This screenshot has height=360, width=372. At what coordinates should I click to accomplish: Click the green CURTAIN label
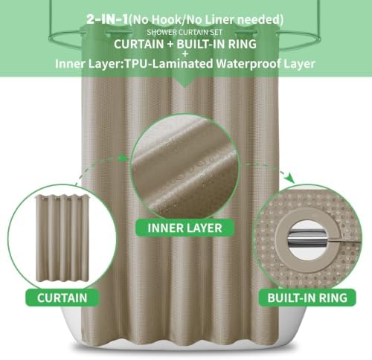tap(62, 298)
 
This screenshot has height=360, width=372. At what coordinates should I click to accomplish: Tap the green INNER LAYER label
tap(185, 228)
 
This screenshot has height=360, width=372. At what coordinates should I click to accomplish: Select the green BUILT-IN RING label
tap(307, 298)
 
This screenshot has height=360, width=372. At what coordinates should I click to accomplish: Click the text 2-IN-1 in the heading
tap(107, 19)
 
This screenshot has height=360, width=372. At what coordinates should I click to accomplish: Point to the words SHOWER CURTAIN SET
tap(185, 32)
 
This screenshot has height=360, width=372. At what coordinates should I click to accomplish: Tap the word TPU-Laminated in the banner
tap(168, 64)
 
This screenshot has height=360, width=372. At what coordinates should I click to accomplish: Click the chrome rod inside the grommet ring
tap(307, 237)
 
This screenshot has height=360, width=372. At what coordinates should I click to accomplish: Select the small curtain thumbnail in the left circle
tap(62, 239)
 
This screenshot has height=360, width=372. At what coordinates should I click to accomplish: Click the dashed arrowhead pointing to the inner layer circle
tap(124, 158)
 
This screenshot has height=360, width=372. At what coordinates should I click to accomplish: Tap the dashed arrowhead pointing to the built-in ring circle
tap(289, 179)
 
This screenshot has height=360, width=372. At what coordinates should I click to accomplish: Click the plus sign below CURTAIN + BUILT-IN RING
tap(185, 54)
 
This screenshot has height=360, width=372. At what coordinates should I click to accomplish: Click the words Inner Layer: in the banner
tap(89, 64)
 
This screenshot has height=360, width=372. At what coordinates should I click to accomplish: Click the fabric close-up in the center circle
tap(185, 167)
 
